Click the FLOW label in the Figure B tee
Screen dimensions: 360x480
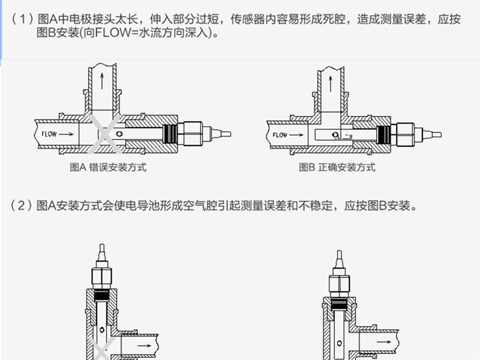(280, 135)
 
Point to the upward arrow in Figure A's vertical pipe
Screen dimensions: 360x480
(101, 80)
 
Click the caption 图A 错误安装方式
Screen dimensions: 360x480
(108, 168)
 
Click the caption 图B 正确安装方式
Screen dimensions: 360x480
(337, 168)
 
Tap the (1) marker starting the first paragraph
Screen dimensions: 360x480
(22, 19)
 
